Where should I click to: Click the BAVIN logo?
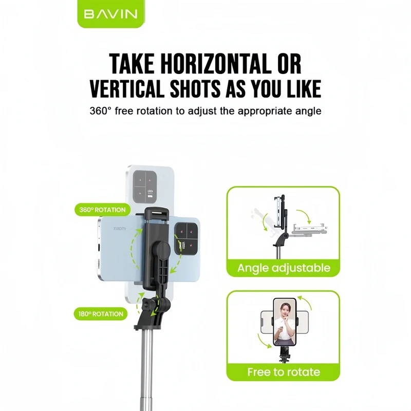coord(110,14)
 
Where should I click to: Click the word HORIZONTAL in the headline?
coord(216,64)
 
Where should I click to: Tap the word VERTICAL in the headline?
coord(127,88)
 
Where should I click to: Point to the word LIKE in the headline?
coord(304,88)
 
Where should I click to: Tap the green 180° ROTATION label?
coord(101,314)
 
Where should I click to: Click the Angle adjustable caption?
coord(284,268)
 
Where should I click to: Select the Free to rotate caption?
coord(284,371)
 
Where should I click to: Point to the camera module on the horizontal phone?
coord(186,238)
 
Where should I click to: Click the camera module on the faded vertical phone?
coord(145,186)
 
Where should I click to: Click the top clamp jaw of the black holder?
coord(157,214)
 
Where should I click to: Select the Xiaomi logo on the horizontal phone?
coord(119,229)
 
